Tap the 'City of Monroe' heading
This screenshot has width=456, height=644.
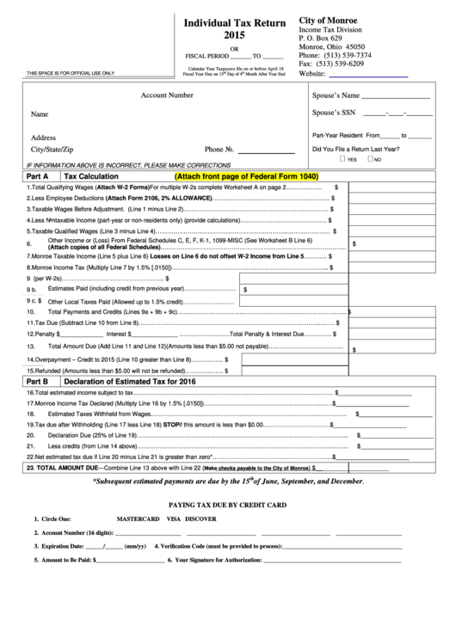point(329,20)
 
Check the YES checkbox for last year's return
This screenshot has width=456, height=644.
point(342,160)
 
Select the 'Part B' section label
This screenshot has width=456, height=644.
point(37,380)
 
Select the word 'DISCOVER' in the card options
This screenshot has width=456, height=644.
point(200,519)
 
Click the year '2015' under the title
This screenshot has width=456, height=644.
point(227,36)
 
